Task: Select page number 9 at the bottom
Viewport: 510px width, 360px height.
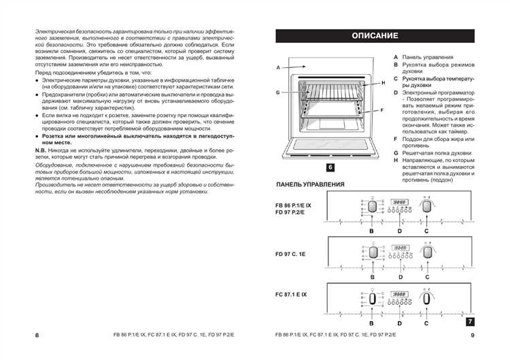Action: tap(473, 336)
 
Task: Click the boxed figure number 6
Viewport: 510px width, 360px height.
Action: tap(330, 167)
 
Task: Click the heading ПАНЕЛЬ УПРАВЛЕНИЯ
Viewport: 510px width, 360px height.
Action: tap(310, 184)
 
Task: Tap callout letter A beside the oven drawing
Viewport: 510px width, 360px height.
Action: tap(279, 68)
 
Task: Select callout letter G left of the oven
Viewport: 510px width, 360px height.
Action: tap(279, 92)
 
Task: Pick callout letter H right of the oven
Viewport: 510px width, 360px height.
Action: tap(383, 82)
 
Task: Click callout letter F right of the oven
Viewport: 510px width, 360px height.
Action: tap(382, 110)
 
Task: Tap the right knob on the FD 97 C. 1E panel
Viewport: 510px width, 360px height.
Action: tap(427, 252)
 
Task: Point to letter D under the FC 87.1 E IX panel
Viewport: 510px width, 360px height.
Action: tap(400, 324)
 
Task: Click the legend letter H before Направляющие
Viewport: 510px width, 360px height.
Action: tap(395, 161)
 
